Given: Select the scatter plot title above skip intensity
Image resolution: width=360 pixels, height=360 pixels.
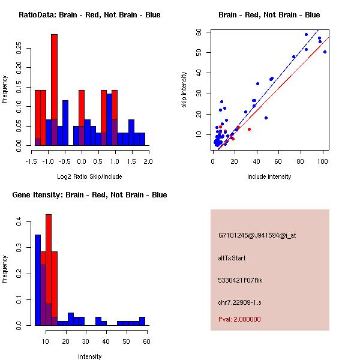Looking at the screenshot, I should (269, 15).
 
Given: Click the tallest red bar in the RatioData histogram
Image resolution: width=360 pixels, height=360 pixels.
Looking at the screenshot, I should (54, 90).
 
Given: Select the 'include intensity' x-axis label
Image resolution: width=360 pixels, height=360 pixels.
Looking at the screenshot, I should (269, 176).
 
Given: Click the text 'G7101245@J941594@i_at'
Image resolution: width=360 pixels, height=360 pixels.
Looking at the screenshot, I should (257, 235).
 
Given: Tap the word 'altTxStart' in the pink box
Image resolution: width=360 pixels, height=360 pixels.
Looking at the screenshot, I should (232, 258).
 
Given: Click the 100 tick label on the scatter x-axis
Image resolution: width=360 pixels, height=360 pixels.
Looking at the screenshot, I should (323, 161).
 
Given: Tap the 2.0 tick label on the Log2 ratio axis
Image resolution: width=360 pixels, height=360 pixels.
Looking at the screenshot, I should (148, 161).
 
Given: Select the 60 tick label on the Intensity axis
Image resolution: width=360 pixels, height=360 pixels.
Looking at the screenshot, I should (146, 341).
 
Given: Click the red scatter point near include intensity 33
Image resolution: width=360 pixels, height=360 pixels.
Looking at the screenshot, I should (249, 129).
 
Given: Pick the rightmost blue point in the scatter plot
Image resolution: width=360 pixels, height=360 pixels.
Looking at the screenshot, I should (325, 52).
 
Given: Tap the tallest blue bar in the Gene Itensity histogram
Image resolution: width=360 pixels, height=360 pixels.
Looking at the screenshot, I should (37, 280).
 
